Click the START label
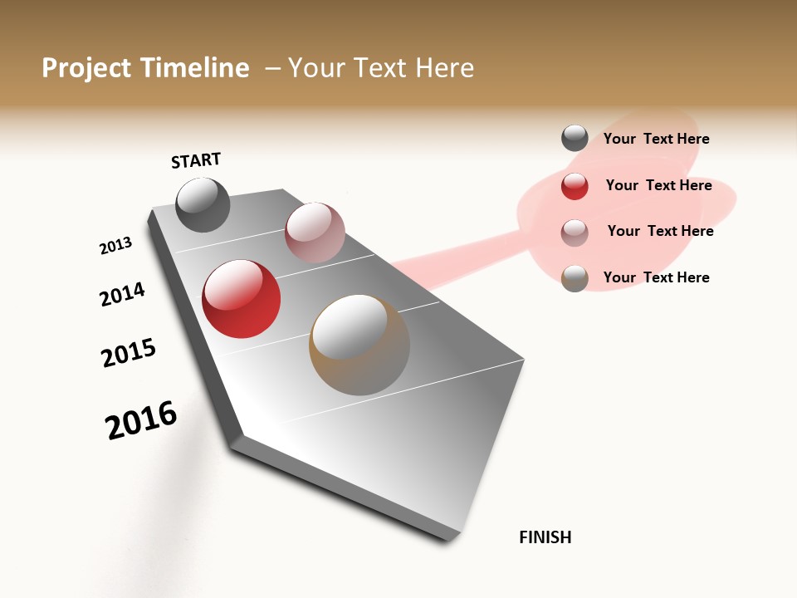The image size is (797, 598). pos(196,160)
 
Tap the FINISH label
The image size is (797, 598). pos(545,537)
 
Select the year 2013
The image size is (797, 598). pos(115,246)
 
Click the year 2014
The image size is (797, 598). pos(122,295)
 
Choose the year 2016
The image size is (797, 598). pos(141,420)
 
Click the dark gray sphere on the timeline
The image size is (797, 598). pos(203,204)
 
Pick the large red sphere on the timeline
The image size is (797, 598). pos(241,299)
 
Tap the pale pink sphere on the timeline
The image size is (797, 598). pos(315,232)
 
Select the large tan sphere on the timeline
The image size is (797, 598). pos(359,345)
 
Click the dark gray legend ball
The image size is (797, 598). pos(575,138)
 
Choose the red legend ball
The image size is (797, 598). pos(575,186)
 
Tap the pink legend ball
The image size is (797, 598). pos(575,233)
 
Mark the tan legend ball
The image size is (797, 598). pos(575,279)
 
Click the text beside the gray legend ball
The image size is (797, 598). pos(656,140)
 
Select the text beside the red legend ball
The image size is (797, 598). pos(658,185)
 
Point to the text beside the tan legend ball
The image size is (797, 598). pos(656,277)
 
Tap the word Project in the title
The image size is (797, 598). pos(86,68)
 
